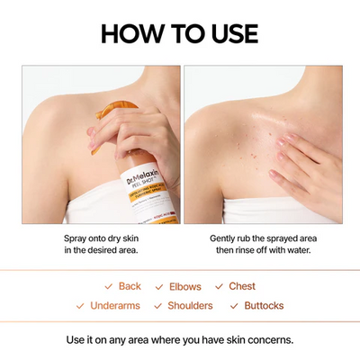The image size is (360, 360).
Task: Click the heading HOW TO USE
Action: click(x=179, y=34)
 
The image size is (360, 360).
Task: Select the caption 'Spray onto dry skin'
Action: click(x=100, y=238)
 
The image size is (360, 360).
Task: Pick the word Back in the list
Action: click(x=130, y=286)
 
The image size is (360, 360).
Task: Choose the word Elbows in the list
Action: click(x=185, y=286)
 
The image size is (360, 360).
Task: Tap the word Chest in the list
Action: click(x=242, y=286)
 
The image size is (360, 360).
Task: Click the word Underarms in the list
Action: click(x=115, y=306)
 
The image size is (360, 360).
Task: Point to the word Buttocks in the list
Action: click(x=264, y=306)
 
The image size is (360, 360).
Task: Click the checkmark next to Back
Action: click(x=108, y=286)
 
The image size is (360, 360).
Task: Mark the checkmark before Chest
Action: click(x=219, y=286)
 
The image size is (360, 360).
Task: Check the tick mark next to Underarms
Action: click(x=80, y=306)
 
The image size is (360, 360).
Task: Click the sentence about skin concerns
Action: click(x=179, y=340)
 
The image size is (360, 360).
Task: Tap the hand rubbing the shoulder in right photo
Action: click(x=307, y=162)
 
